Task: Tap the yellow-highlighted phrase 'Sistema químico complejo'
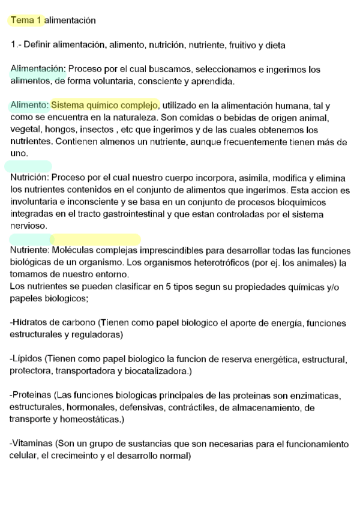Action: (x=106, y=105)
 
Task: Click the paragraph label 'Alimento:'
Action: (x=29, y=105)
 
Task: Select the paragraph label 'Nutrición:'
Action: (x=30, y=178)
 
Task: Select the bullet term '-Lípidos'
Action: (x=27, y=359)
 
